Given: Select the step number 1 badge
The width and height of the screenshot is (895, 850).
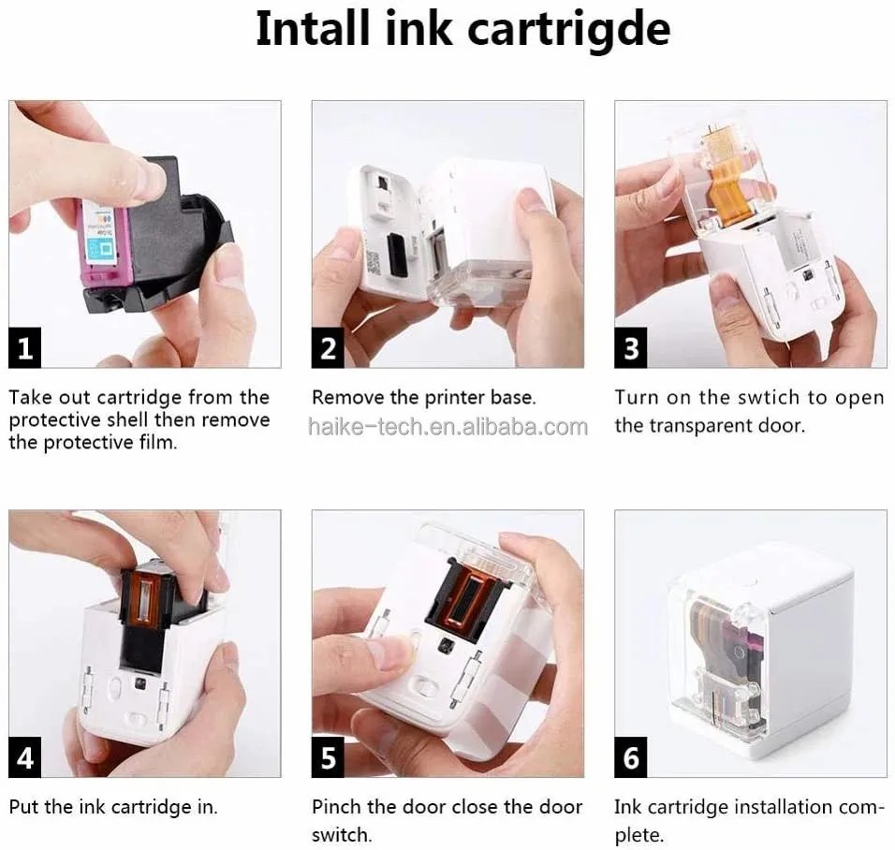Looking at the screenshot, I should click(25, 349).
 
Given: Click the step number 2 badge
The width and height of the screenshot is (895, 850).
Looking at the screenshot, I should click(328, 349).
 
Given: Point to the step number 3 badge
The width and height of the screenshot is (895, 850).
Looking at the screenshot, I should click(631, 349).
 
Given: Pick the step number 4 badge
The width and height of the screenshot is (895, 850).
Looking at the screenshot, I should click(25, 757).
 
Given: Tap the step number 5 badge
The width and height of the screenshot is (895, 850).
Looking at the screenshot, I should click(328, 757).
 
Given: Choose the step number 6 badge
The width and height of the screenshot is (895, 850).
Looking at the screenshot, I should click(631, 757).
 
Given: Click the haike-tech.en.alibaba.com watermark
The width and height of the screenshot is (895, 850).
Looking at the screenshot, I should click(447, 427).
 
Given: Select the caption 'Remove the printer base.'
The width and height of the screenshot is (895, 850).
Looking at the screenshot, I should click(423, 398).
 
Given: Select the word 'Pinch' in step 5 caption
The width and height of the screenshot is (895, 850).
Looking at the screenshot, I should click(337, 807).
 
